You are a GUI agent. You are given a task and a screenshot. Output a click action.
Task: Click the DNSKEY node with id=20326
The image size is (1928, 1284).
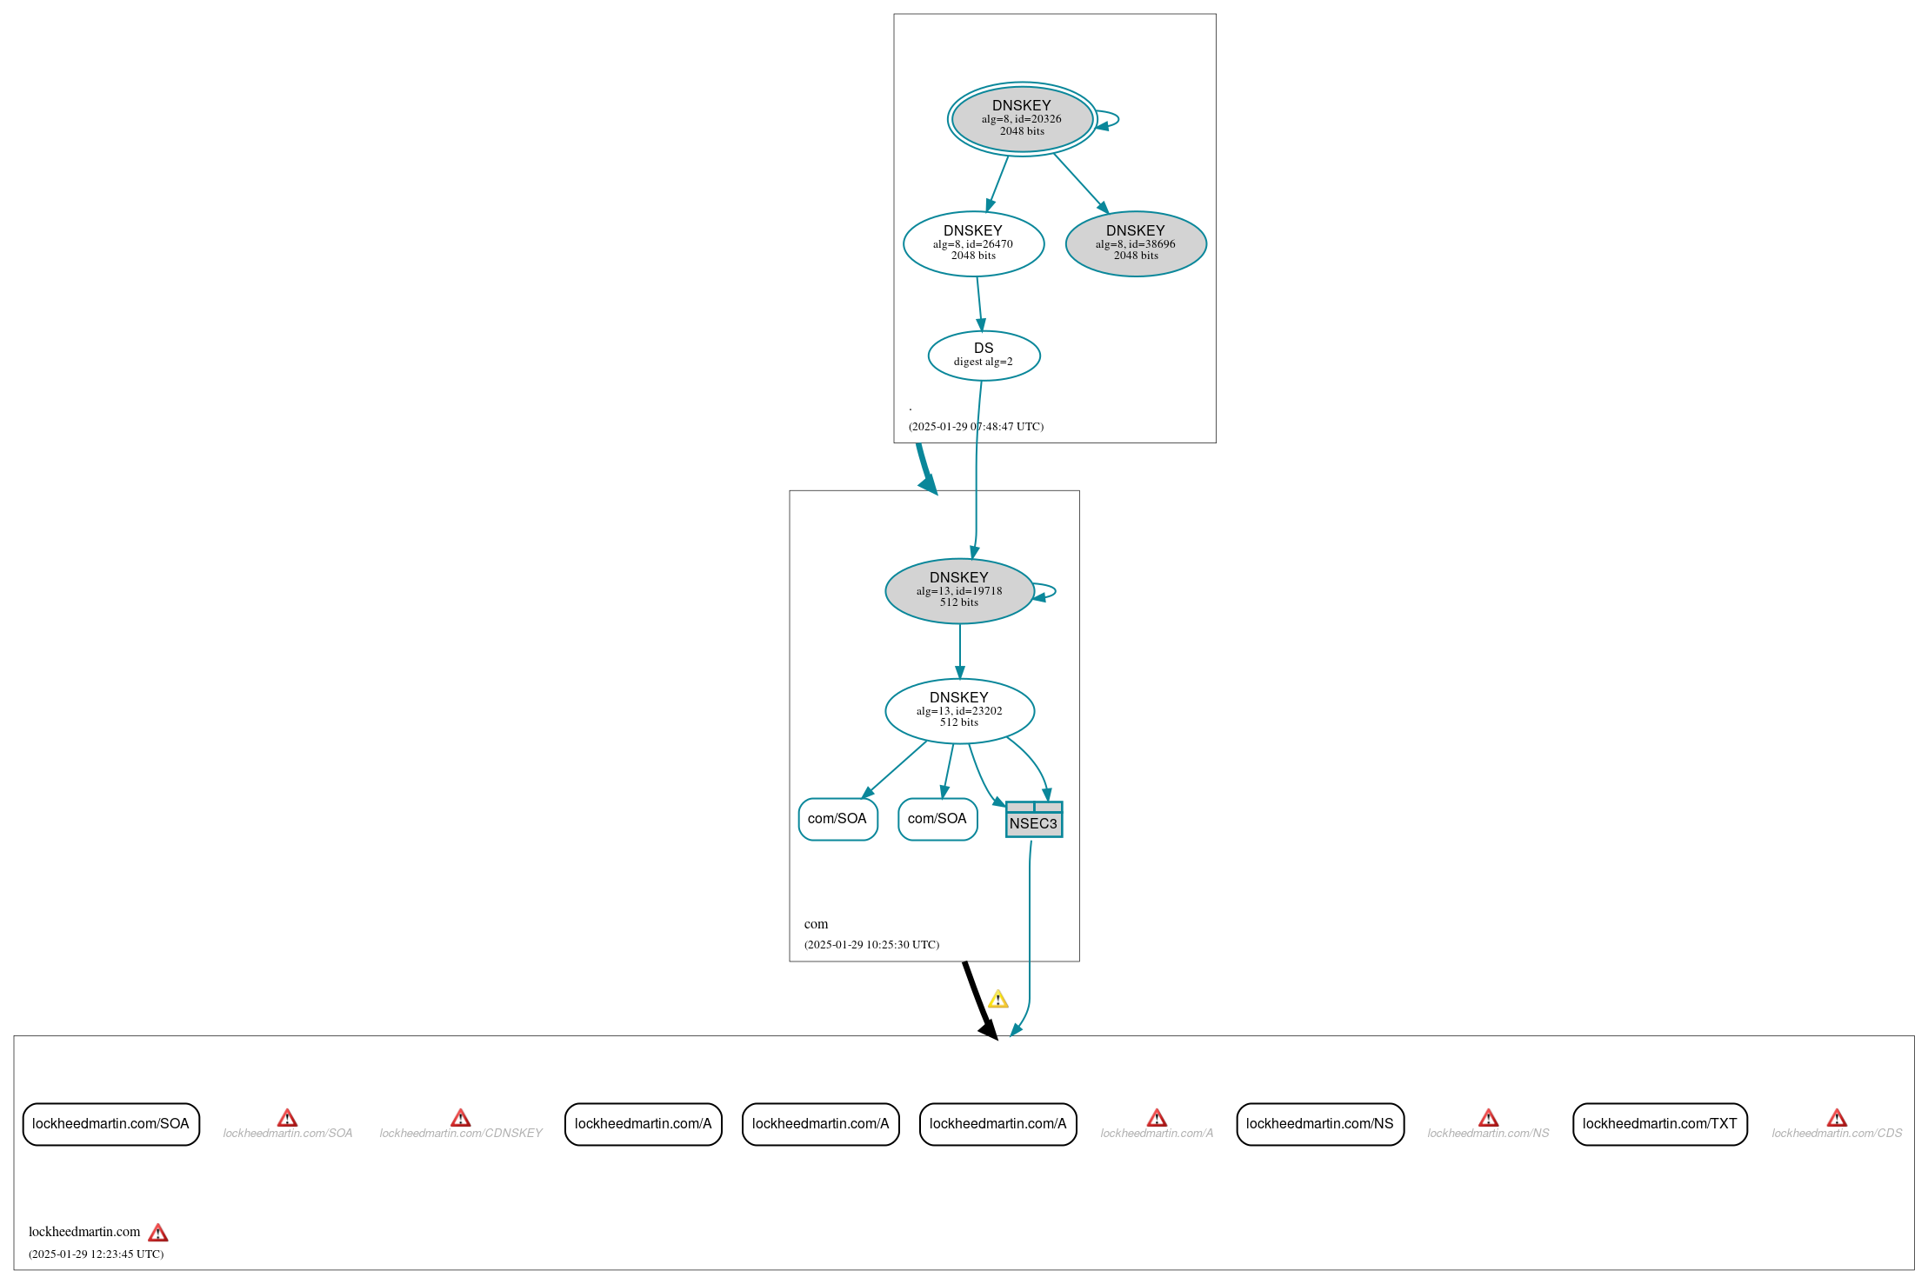coord(1022,118)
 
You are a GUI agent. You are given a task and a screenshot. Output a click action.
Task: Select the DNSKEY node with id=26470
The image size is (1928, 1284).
coord(973,243)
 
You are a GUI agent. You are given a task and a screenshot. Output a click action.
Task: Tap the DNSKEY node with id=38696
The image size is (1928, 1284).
coord(1136,243)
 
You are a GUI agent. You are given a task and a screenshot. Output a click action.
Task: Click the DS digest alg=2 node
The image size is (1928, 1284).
coord(984,355)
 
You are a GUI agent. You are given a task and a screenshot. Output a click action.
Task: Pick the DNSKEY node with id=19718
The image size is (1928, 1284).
coord(959,590)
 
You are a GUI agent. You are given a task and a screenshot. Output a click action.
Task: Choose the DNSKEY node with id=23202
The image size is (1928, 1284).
coord(959,710)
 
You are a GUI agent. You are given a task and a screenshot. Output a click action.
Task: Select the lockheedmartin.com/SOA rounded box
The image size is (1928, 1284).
coord(110,1124)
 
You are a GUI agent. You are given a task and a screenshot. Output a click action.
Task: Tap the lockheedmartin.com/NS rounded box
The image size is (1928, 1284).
coord(1319,1124)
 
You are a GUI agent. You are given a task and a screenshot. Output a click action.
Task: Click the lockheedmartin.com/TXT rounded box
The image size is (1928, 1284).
coord(1659,1124)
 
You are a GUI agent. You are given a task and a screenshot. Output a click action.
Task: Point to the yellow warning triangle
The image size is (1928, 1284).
coord(998,1000)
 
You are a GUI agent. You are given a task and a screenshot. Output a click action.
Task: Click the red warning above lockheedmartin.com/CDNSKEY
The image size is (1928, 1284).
coord(461,1118)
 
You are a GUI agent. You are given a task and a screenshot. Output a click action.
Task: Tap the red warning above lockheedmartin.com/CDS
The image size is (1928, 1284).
coord(1837,1118)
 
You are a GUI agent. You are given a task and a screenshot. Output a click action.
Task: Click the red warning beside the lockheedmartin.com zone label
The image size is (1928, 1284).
coord(157,1233)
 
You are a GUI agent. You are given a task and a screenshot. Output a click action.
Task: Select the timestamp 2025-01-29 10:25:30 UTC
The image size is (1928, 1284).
coord(871,945)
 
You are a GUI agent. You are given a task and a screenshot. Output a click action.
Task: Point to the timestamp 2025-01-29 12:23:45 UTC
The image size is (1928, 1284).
coord(96,1254)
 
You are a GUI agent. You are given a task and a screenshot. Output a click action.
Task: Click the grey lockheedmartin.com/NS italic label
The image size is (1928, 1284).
coord(1488,1134)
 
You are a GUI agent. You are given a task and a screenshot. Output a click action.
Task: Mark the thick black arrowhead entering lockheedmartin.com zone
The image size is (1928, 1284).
coord(990,1030)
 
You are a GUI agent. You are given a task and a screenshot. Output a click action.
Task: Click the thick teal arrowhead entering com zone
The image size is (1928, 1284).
coord(929,484)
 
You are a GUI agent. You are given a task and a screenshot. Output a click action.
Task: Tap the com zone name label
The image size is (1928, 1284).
coord(816,924)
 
